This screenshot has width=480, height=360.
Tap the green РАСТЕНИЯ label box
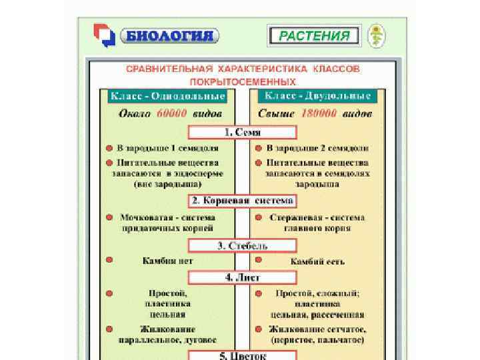tap(313, 36)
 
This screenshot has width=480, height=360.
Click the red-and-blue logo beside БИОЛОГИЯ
tap(105, 36)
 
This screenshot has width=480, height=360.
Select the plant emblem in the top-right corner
tap(379, 35)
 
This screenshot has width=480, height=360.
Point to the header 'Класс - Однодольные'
tap(167, 97)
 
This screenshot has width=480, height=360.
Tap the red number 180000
tap(319, 114)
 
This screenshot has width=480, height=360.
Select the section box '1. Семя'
tap(241, 132)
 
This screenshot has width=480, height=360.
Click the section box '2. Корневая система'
tap(241, 201)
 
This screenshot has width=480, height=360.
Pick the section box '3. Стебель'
tap(241, 245)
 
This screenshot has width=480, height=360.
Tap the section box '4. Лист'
tap(241, 277)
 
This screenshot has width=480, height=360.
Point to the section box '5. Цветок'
tap(241, 355)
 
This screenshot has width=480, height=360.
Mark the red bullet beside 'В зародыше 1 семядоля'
tap(108, 147)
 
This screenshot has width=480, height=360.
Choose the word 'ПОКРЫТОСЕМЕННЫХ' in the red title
tap(241, 81)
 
